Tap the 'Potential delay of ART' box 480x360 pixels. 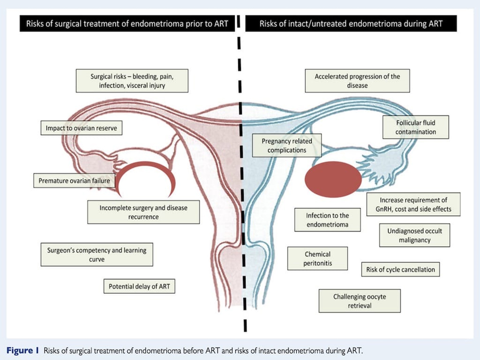click(139, 286)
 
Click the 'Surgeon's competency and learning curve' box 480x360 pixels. click(96, 254)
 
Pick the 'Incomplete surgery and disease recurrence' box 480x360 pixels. click(143, 212)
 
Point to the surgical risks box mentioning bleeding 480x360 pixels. click(132, 81)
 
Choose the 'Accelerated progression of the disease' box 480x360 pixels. click(357, 81)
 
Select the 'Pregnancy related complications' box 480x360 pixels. click(287, 145)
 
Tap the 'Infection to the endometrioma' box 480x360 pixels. click(327, 220)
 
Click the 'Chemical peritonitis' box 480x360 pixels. click(318, 259)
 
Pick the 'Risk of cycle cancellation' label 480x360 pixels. click(400, 269)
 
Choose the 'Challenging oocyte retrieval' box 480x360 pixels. click(360, 301)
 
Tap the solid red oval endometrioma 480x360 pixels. click(333, 180)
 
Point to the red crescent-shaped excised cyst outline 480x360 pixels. click(145, 170)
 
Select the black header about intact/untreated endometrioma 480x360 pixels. click(351, 24)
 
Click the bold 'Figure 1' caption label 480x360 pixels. click(23, 350)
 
